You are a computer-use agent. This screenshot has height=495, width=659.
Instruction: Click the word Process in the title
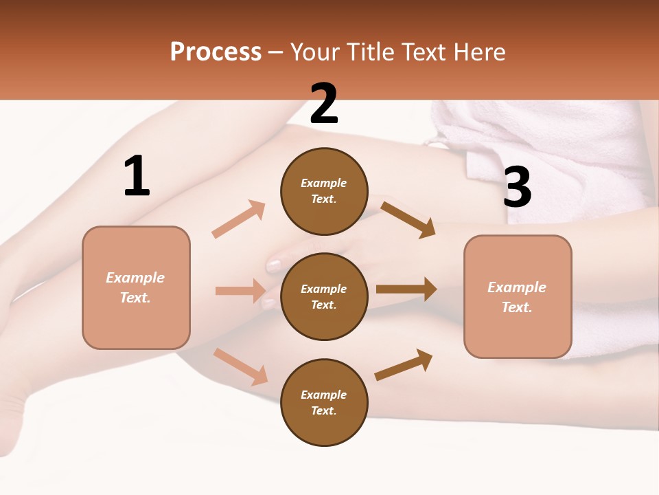click(216, 52)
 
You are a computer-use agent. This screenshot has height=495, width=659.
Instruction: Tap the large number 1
click(137, 177)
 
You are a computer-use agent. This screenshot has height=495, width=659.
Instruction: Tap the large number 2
click(324, 104)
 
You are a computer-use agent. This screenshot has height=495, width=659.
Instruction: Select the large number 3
click(517, 187)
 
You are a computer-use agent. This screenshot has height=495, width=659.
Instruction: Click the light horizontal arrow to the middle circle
click(240, 291)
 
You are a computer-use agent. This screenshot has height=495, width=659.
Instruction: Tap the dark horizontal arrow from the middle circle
click(406, 289)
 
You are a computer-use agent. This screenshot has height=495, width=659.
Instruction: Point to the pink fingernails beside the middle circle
click(273, 265)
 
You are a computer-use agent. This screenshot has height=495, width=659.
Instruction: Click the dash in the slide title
click(276, 52)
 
